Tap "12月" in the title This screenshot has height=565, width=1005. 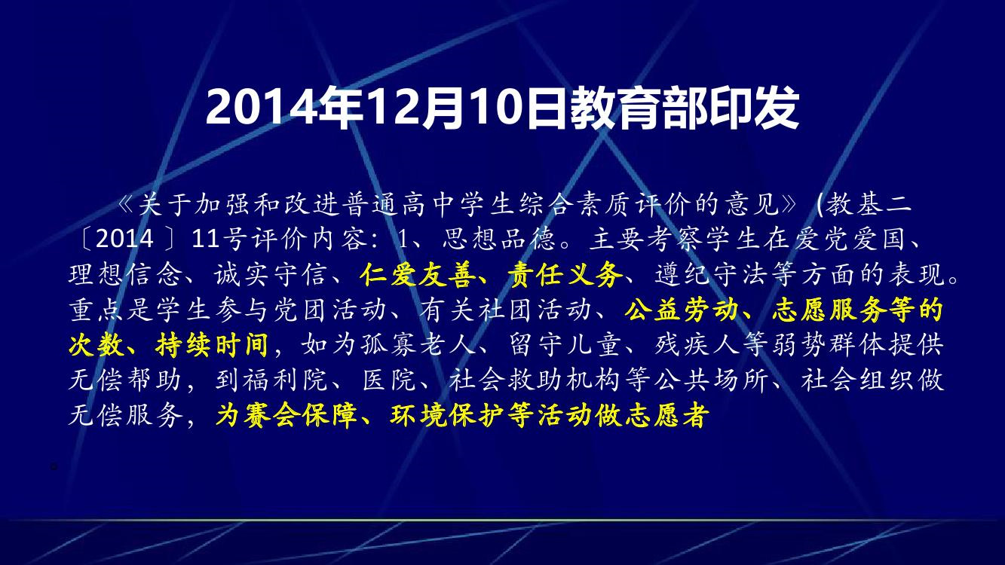pyautogui.click(x=415, y=108)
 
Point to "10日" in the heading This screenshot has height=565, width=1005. pyautogui.click(x=516, y=108)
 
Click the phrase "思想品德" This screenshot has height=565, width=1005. pyautogui.click(x=498, y=240)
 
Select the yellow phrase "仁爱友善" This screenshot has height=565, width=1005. pyautogui.click(x=417, y=274)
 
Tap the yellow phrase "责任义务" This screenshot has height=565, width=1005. pyautogui.click(x=565, y=274)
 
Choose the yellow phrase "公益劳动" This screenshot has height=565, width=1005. pyautogui.click(x=681, y=310)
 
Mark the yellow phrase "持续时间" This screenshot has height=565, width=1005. pyautogui.click(x=212, y=345)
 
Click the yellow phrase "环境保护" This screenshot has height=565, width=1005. pyautogui.click(x=447, y=416)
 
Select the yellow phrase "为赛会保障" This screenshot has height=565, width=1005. pyautogui.click(x=286, y=416)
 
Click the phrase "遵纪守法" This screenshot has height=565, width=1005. pyautogui.click(x=712, y=274)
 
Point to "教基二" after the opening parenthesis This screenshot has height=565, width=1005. pyautogui.click(x=869, y=204)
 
